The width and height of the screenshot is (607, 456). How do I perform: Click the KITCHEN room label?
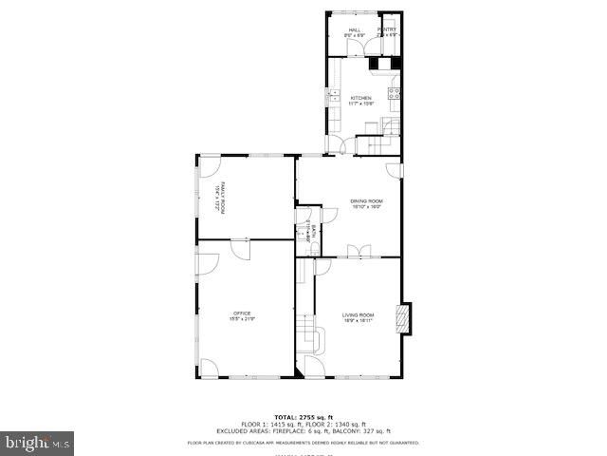(x=360, y=98)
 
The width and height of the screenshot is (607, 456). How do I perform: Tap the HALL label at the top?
(x=355, y=30)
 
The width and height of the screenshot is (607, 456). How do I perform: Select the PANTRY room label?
(x=387, y=30)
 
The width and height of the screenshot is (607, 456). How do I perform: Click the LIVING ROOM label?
(x=359, y=314)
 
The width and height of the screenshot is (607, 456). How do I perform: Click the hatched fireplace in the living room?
(x=406, y=318)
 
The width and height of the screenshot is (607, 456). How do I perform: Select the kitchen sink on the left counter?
(x=333, y=96)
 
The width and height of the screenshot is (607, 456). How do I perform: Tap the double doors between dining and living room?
(x=359, y=251)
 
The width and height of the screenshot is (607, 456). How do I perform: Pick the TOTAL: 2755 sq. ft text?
(x=303, y=417)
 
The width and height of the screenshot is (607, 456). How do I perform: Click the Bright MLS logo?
(x=38, y=442)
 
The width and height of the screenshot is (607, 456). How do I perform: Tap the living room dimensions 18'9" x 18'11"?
(x=359, y=321)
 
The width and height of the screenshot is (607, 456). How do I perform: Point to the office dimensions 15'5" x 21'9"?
(x=242, y=319)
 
